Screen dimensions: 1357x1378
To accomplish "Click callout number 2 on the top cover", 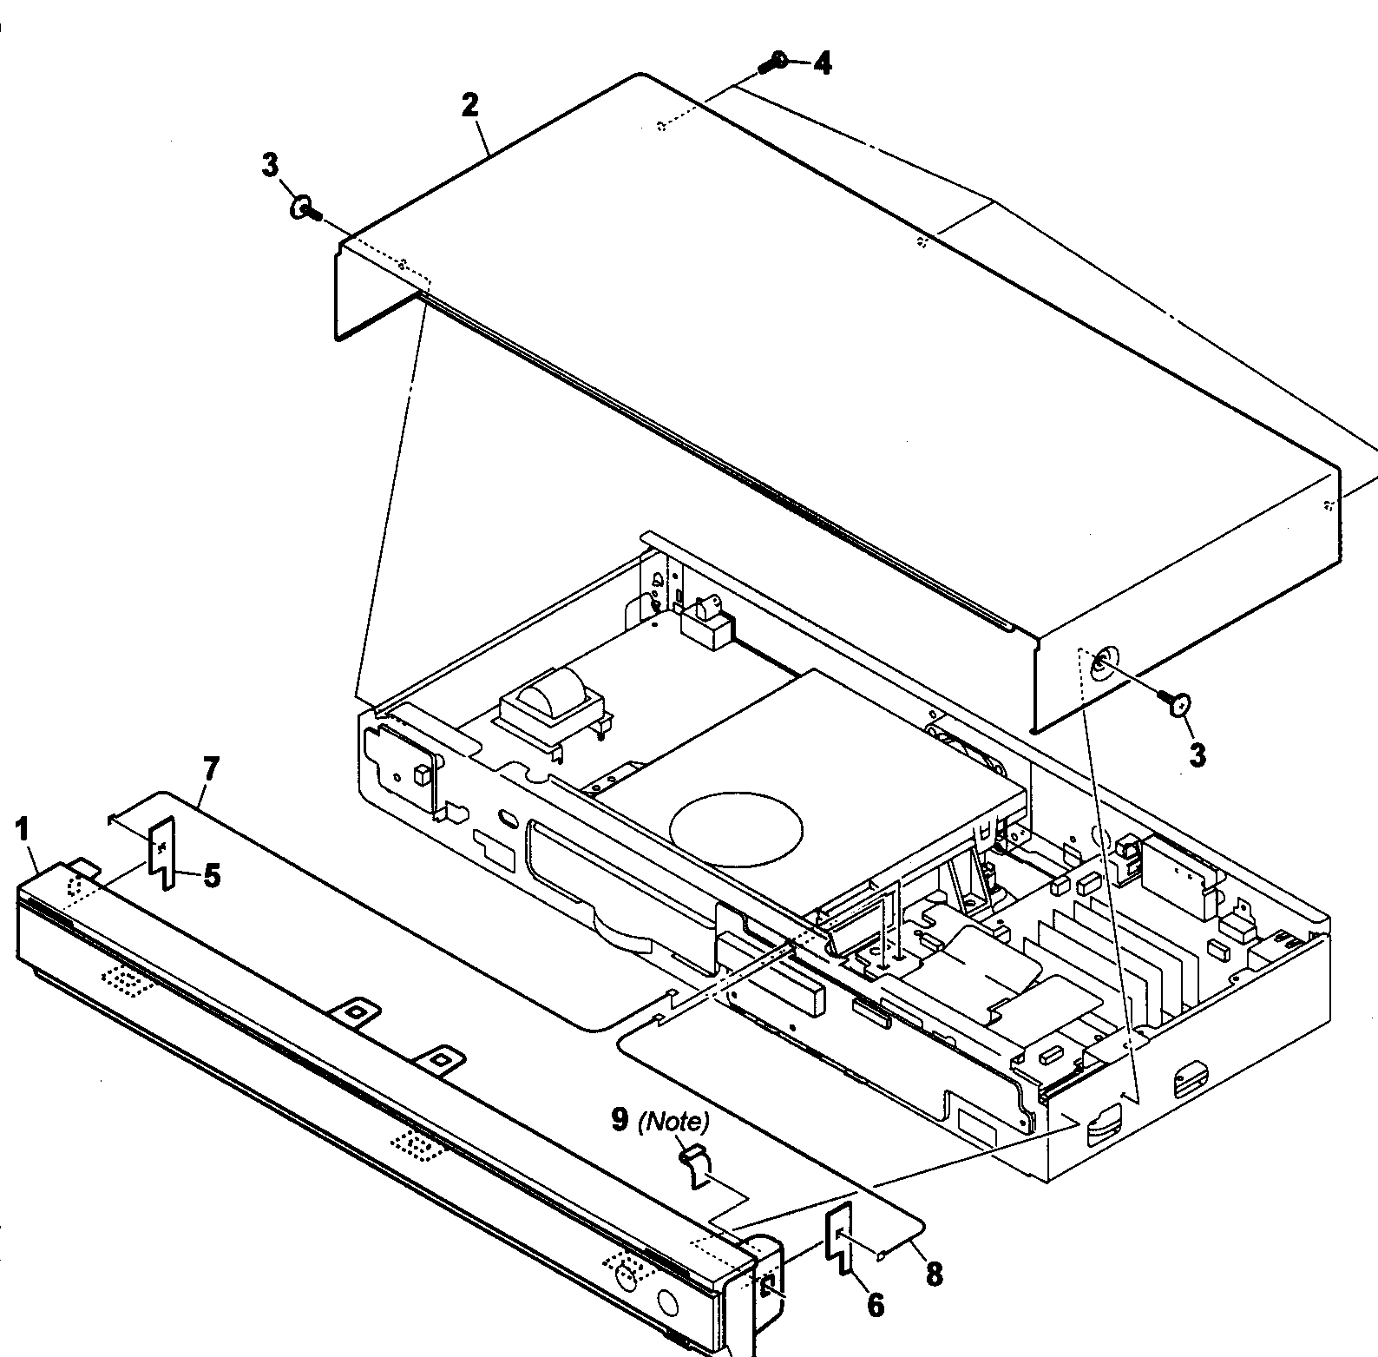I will (x=469, y=105).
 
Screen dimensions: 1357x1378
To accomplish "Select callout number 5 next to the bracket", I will (x=211, y=875).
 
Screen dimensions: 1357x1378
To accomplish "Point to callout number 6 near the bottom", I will (x=875, y=1304).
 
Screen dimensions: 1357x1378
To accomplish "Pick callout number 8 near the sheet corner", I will (x=934, y=1274).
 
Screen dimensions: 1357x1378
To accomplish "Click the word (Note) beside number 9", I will (x=673, y=1122).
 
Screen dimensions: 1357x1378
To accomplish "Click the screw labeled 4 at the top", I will (x=774, y=62).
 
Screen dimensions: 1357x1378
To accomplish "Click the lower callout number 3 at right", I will (x=1198, y=755).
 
